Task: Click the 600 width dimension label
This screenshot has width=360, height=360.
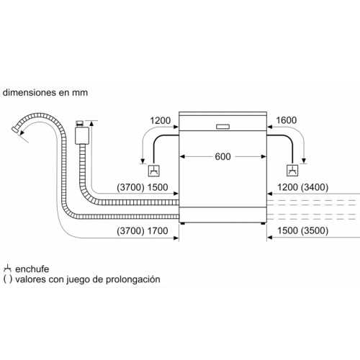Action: [222, 156]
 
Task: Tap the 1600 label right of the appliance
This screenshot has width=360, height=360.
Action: [287, 120]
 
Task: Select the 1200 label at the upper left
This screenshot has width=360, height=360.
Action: [160, 120]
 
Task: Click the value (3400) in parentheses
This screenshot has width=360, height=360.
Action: [315, 187]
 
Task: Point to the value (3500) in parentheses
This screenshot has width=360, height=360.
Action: [315, 230]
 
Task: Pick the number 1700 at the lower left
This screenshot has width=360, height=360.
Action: [158, 231]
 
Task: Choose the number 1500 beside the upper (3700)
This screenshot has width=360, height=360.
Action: [158, 187]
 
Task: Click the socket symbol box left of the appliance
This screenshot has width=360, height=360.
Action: [153, 171]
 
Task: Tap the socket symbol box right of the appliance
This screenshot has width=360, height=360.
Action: [292, 171]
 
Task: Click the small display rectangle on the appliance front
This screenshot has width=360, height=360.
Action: [223, 127]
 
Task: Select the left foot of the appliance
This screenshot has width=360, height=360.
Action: [183, 223]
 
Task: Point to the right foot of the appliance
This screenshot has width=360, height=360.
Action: [264, 223]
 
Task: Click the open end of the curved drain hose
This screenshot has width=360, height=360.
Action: [15, 130]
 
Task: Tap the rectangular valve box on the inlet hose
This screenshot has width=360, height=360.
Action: [82, 135]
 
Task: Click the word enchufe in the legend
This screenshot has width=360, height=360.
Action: [32, 269]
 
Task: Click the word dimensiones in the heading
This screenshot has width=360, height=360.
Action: [30, 93]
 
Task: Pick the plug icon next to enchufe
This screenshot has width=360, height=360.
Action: [7, 269]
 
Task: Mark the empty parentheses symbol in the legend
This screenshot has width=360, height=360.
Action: [8, 279]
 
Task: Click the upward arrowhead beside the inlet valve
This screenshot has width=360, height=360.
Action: [91, 124]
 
